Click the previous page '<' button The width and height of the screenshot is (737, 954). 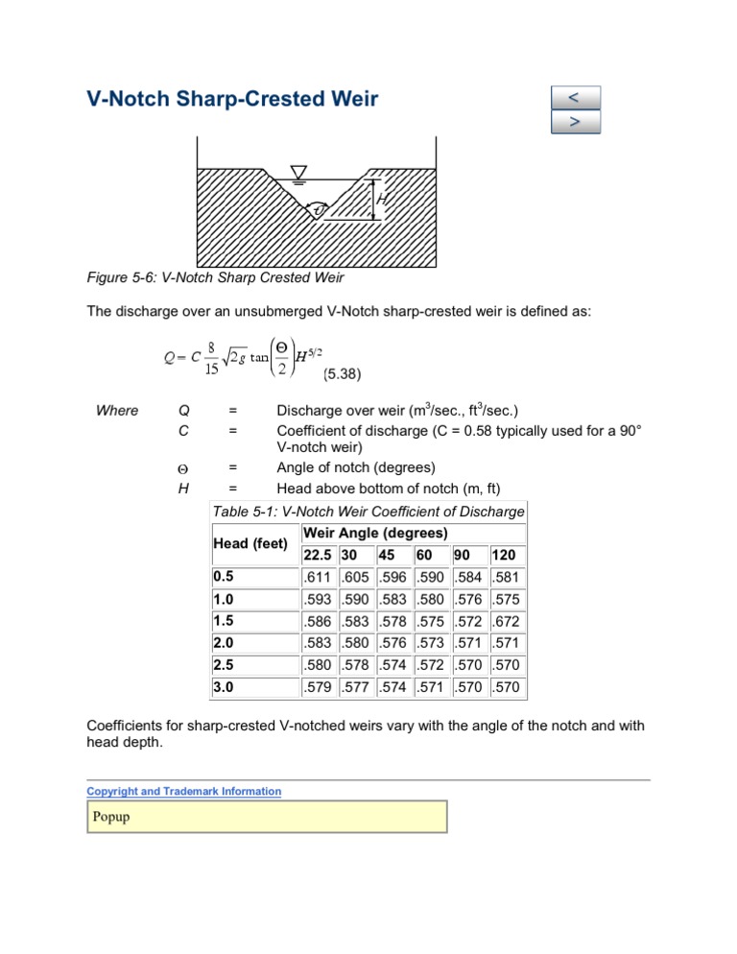[575, 98]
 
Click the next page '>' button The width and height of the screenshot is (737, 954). [575, 123]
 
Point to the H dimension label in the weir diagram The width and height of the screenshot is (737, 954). [382, 199]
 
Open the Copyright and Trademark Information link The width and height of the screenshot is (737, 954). [183, 792]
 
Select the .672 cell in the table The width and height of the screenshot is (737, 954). [507, 622]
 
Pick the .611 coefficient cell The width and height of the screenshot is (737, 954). [316, 578]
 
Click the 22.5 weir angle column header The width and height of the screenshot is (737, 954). [318, 556]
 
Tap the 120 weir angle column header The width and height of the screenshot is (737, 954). [504, 556]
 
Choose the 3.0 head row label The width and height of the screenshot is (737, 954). [224, 687]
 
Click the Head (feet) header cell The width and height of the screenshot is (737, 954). [250, 543]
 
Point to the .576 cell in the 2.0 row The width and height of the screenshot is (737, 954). [392, 644]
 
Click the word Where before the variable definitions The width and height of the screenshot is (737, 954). [118, 411]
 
